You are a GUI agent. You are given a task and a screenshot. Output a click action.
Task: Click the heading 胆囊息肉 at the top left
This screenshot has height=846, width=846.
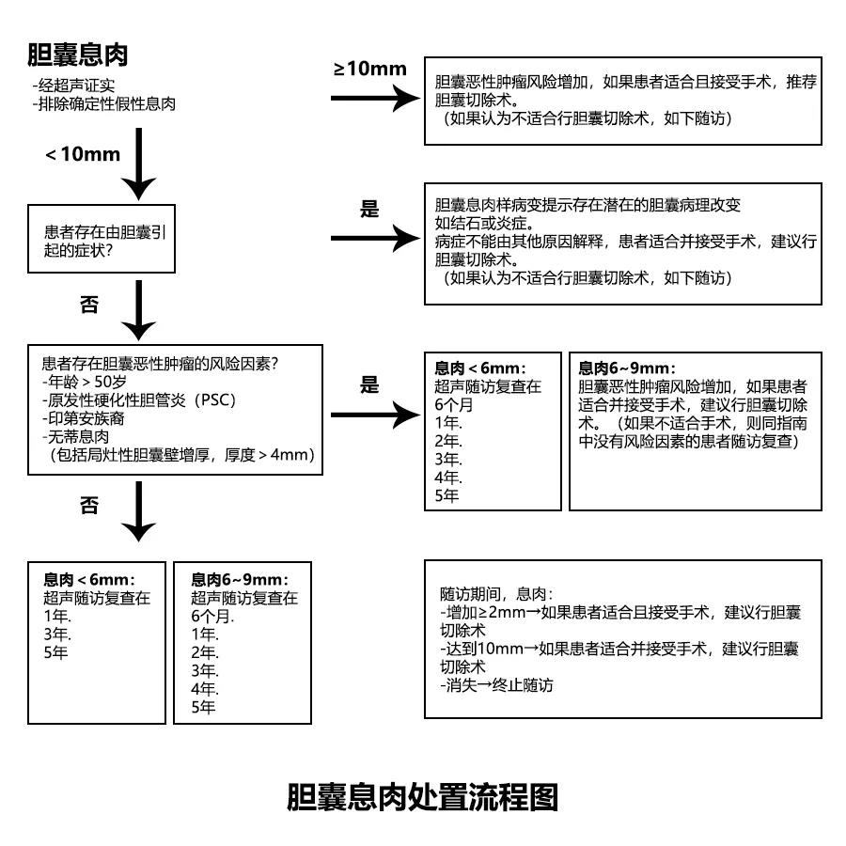[78, 55]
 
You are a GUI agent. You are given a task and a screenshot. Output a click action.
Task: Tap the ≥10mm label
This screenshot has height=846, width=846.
[370, 68]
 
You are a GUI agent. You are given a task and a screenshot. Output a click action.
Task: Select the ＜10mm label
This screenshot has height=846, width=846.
[83, 154]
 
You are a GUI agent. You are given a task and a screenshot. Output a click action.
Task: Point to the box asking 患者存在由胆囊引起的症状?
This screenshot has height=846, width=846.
[102, 240]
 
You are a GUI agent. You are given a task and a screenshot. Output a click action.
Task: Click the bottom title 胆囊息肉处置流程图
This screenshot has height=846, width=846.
[422, 797]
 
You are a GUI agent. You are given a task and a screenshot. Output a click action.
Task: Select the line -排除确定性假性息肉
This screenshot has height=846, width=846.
[103, 103]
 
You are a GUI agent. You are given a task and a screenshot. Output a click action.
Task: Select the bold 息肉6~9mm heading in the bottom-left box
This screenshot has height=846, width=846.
[240, 580]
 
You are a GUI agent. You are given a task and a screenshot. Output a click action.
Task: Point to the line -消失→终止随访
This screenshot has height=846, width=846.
[496, 685]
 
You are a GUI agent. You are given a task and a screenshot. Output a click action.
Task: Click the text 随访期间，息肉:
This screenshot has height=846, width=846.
[496, 594]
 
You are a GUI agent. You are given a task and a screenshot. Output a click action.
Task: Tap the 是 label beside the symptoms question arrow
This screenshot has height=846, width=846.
[369, 209]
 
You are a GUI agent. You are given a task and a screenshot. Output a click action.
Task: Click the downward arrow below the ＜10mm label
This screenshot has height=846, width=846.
[138, 164]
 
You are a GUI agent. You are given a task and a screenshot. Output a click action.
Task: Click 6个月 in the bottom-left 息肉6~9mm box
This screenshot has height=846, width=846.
[212, 617]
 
